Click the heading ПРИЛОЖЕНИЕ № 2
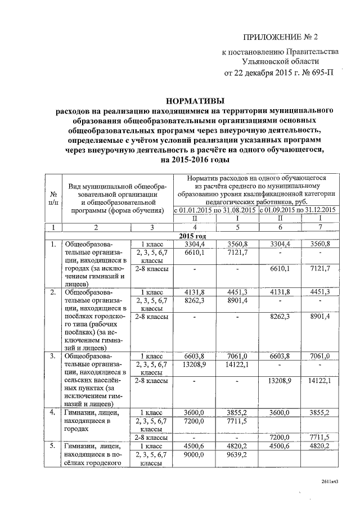click(x=280, y=38)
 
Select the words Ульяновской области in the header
click(x=281, y=62)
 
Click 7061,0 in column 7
click(x=319, y=357)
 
